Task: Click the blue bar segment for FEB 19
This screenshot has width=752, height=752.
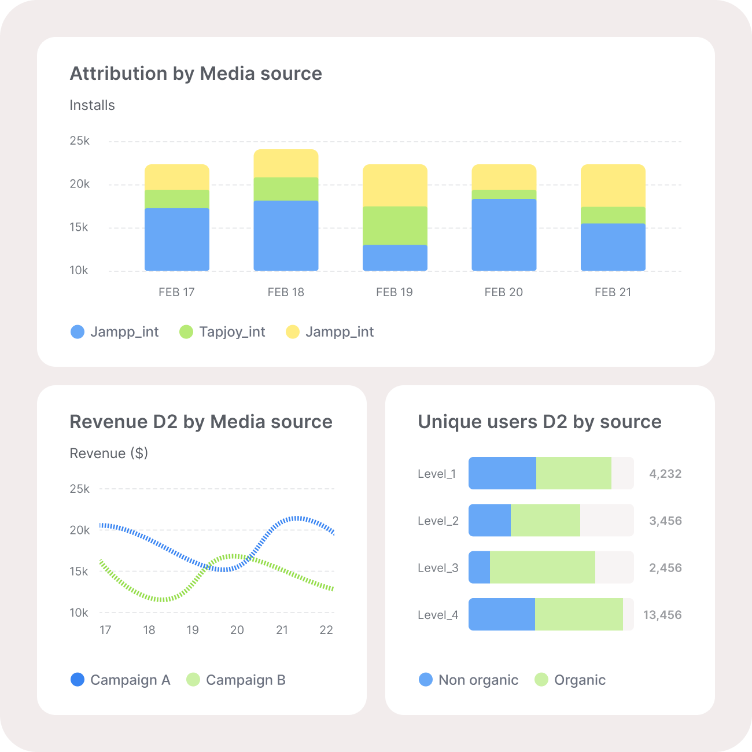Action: (395, 257)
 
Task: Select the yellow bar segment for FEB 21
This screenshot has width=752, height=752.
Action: (613, 185)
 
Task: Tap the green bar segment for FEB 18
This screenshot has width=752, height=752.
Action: (286, 189)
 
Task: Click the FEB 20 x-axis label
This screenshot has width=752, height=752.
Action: (503, 292)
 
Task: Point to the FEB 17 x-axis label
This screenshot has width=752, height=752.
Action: (176, 292)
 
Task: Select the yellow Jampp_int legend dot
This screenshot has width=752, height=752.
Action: (293, 332)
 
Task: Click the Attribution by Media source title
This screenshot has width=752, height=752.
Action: (196, 73)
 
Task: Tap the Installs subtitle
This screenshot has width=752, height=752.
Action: (92, 105)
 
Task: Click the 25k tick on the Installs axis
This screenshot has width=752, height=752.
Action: (79, 141)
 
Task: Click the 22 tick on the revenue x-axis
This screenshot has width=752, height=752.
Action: (326, 630)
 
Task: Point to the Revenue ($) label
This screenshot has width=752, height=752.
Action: (109, 454)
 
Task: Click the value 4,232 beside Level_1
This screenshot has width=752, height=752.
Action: (665, 474)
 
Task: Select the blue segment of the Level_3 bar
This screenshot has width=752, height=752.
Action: (479, 567)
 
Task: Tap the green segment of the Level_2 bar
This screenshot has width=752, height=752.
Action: (545, 520)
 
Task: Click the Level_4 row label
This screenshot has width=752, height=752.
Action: (438, 615)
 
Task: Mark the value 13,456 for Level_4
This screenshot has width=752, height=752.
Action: (662, 615)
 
